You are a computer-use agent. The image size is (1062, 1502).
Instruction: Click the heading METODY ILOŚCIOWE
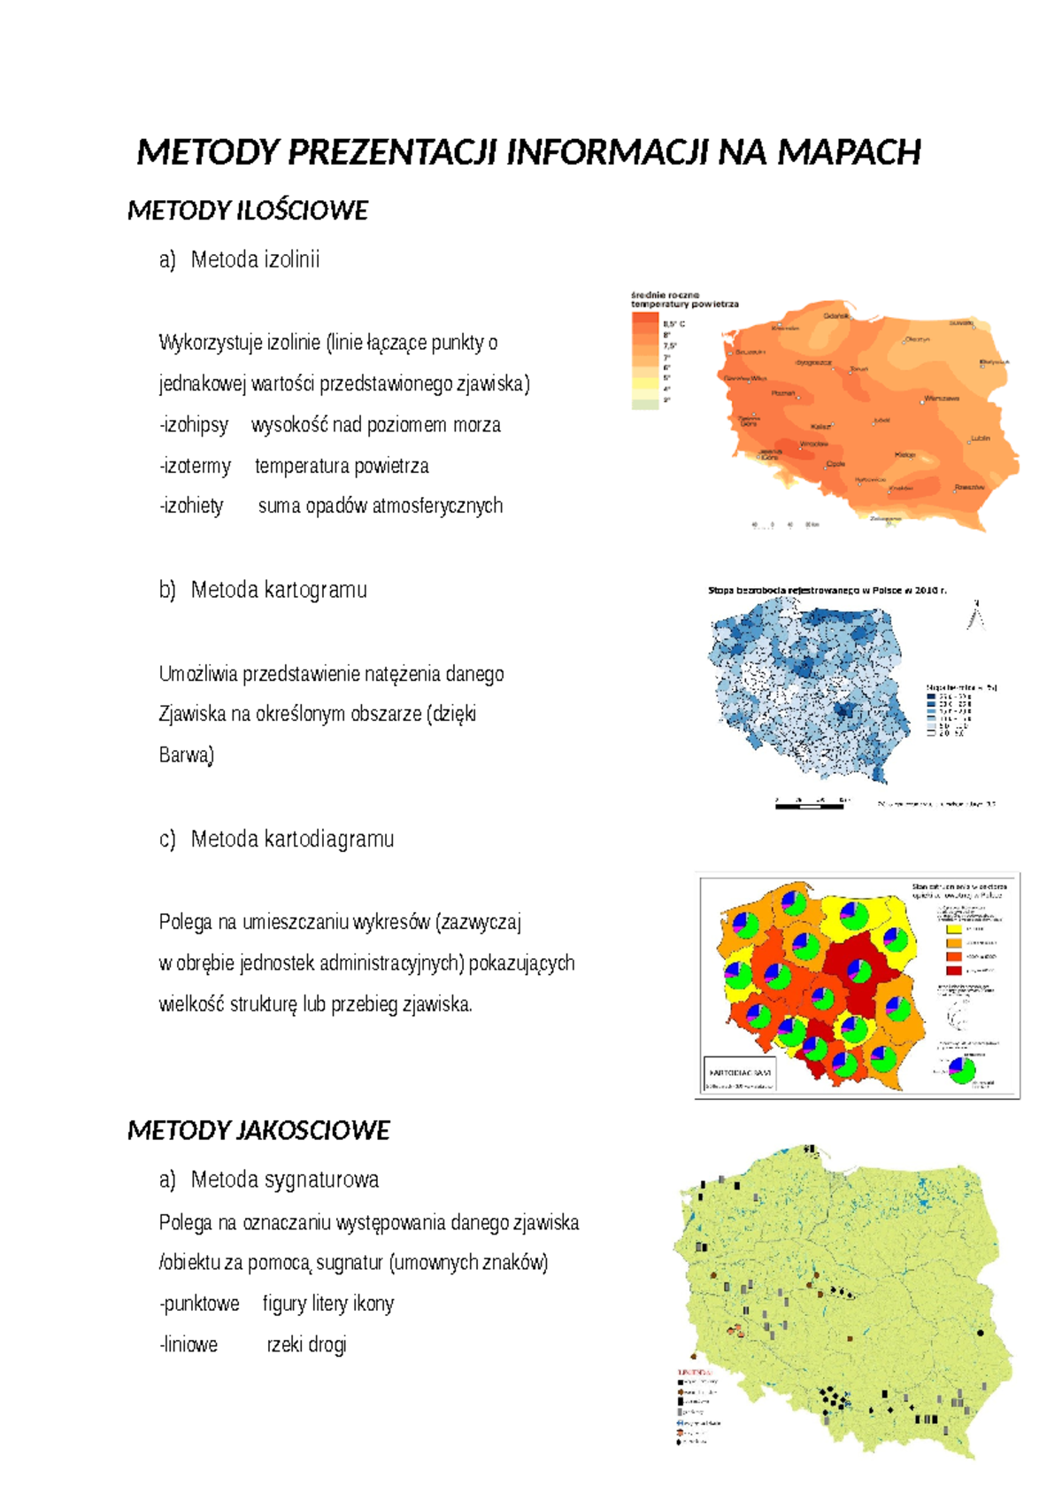(248, 211)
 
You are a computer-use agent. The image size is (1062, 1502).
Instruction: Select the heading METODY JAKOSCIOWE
(258, 1130)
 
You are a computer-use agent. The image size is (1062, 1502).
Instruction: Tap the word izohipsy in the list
(195, 425)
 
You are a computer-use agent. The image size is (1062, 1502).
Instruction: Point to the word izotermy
(196, 466)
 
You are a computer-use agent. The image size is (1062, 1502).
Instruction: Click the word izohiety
(192, 506)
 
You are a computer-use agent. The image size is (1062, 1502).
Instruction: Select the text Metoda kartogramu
(279, 590)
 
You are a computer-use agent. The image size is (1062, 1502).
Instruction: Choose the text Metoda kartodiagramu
(292, 839)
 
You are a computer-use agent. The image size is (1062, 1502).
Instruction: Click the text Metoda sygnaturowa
(284, 1180)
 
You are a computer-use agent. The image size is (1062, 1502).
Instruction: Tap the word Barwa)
(187, 755)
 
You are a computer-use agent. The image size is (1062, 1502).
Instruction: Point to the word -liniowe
(189, 1344)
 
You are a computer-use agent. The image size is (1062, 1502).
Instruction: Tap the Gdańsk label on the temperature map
(836, 316)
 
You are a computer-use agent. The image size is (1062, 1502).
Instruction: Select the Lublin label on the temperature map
(980, 438)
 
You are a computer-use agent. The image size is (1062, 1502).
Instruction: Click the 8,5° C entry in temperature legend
(673, 324)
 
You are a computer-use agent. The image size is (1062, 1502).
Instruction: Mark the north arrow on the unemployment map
(976, 614)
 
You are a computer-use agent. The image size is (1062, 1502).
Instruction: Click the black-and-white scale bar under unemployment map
(810, 805)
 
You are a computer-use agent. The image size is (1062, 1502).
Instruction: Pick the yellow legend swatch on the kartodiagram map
(953, 929)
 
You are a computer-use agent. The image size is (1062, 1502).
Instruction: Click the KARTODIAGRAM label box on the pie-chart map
(740, 1072)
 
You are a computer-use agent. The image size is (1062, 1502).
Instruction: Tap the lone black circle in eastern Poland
(980, 1332)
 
